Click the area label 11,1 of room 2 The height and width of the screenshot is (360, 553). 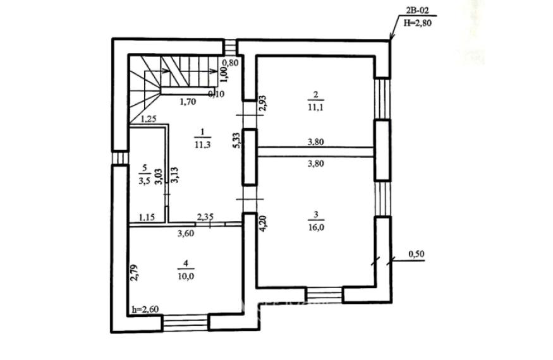pyautogui.click(x=315, y=107)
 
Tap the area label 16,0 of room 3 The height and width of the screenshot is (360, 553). pyautogui.click(x=316, y=227)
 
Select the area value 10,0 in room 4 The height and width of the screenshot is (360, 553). pyautogui.click(x=186, y=276)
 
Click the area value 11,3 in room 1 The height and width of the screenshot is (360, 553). pyautogui.click(x=202, y=144)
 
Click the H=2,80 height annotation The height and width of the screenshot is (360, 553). pyautogui.click(x=418, y=23)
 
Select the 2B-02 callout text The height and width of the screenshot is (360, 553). pyautogui.click(x=417, y=11)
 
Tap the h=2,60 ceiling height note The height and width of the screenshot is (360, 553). pyautogui.click(x=145, y=309)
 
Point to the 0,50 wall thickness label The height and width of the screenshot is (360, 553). pyautogui.click(x=416, y=254)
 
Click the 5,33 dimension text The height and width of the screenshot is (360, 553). pyautogui.click(x=238, y=140)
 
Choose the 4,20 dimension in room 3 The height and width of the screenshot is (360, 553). pyautogui.click(x=264, y=223)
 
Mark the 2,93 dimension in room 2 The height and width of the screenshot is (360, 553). pyautogui.click(x=263, y=104)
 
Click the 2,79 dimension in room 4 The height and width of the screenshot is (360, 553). pyautogui.click(x=134, y=273)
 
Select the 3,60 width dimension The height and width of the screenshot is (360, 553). pyautogui.click(x=186, y=233)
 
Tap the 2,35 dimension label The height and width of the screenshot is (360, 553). pyautogui.click(x=205, y=217)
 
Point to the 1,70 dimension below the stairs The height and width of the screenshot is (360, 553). pyautogui.click(x=188, y=102)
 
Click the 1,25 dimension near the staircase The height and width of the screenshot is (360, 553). pyautogui.click(x=149, y=119)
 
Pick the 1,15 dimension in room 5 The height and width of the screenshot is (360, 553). pyautogui.click(x=147, y=217)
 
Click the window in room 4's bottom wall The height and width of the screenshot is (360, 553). pyautogui.click(x=186, y=323)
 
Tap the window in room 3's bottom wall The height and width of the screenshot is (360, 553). pyautogui.click(x=324, y=295)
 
